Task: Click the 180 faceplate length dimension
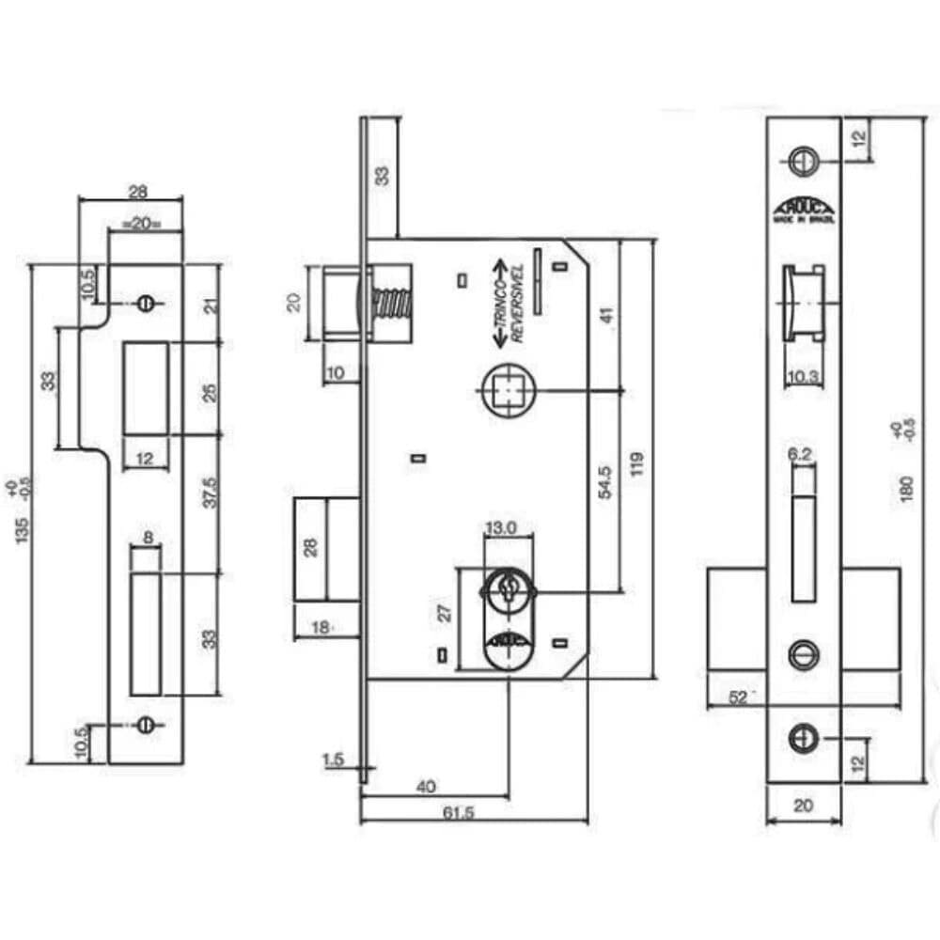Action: pos(907,489)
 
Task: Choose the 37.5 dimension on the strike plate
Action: pos(211,493)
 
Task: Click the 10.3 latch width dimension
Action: pos(804,376)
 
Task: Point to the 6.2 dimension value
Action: pos(800,455)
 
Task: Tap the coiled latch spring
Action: pos(390,305)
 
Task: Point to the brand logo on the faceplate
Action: pos(804,211)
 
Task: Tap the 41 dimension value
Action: pos(606,316)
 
